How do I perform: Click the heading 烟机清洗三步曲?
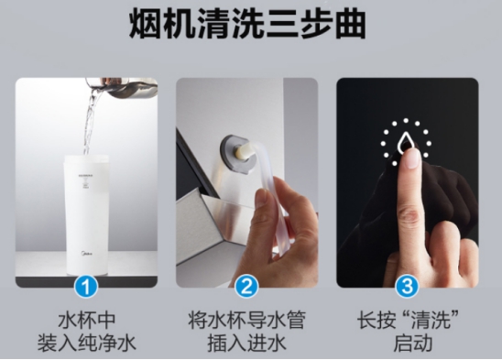coord(247,25)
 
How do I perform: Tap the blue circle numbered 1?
coord(87,288)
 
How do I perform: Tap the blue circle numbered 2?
coord(246,288)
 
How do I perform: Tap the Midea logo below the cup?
coord(86,260)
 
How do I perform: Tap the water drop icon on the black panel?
coord(406,142)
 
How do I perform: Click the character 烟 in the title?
coord(149,25)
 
